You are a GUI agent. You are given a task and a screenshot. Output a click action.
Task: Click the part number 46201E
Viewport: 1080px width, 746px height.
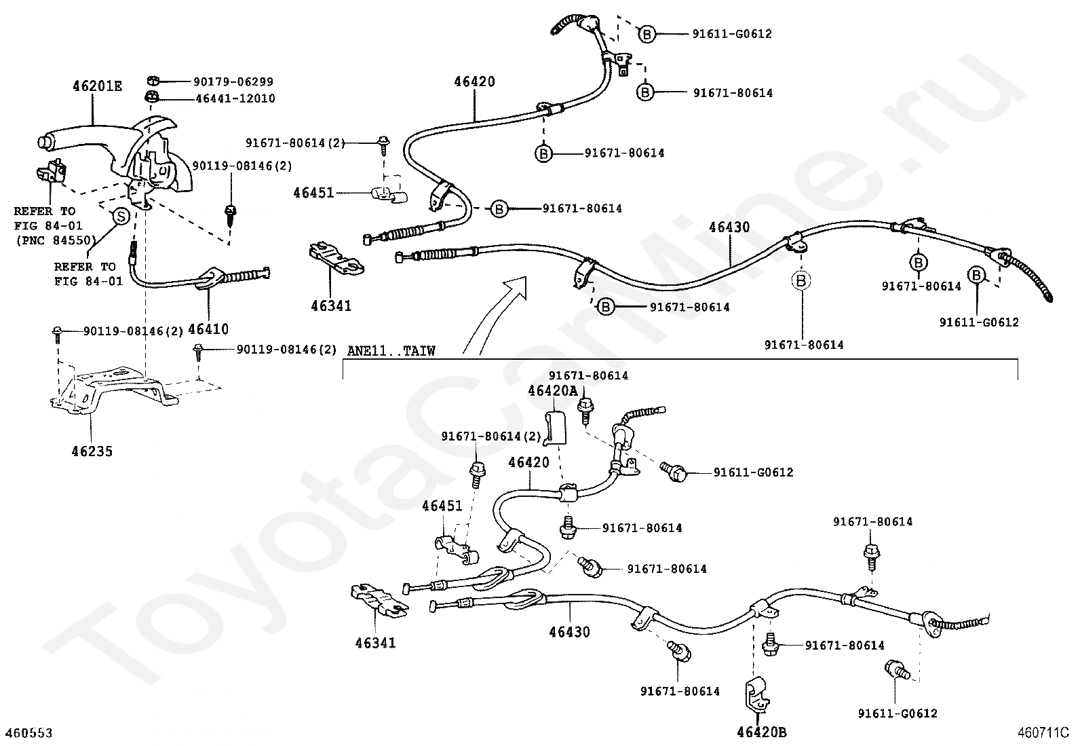[x=98, y=86]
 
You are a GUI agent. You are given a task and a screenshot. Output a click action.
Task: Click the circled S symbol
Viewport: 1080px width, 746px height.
[x=119, y=217]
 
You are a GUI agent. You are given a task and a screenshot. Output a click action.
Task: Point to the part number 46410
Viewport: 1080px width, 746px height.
[x=208, y=329]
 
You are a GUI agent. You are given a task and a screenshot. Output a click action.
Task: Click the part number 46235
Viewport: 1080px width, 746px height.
[x=92, y=451]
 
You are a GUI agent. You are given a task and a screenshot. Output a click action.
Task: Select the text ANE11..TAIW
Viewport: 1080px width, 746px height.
[x=391, y=351]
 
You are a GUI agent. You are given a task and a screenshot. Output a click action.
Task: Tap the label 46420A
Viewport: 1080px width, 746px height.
[x=553, y=390]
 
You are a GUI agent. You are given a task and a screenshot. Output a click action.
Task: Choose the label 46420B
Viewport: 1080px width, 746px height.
[x=762, y=732]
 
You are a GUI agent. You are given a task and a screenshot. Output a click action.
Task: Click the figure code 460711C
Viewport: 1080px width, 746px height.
[x=1043, y=733]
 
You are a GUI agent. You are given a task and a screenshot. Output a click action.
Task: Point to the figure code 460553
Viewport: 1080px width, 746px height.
[x=29, y=733]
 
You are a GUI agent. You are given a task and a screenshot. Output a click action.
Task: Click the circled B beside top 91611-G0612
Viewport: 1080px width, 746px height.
[x=647, y=33]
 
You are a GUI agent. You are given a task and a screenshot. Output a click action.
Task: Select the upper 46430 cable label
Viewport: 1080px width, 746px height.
[x=729, y=227]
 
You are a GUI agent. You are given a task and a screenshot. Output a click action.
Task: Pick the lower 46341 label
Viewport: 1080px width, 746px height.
[x=374, y=642]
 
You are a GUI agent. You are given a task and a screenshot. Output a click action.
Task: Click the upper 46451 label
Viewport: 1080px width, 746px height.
[x=313, y=192]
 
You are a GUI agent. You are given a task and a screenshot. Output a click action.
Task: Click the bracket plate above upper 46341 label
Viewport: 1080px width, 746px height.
[x=334, y=260]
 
